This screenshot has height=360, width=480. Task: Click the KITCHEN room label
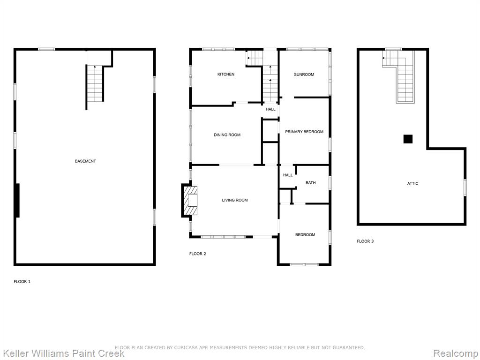(x=226, y=74)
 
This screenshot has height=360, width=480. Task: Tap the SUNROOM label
(x=304, y=75)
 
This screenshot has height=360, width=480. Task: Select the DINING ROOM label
(x=227, y=135)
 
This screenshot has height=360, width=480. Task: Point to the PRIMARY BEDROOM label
(x=304, y=132)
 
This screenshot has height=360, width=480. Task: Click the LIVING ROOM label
(x=235, y=200)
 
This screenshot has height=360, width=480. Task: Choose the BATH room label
(x=311, y=183)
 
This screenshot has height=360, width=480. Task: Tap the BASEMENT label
(x=85, y=161)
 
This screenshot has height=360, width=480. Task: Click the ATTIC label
(x=412, y=183)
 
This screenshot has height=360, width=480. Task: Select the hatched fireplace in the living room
(x=190, y=201)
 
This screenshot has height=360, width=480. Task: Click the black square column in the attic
(x=408, y=139)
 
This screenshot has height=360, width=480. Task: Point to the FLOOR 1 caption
(x=22, y=282)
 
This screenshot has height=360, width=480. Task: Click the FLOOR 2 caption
(x=198, y=254)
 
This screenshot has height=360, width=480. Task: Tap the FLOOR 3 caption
(x=365, y=241)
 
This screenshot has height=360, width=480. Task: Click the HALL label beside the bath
(x=288, y=175)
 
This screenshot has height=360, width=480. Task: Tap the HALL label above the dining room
(x=270, y=109)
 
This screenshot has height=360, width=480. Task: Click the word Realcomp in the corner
(x=455, y=353)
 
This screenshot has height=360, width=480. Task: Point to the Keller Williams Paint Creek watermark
(x=64, y=353)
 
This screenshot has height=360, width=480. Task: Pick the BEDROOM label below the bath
(x=305, y=235)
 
